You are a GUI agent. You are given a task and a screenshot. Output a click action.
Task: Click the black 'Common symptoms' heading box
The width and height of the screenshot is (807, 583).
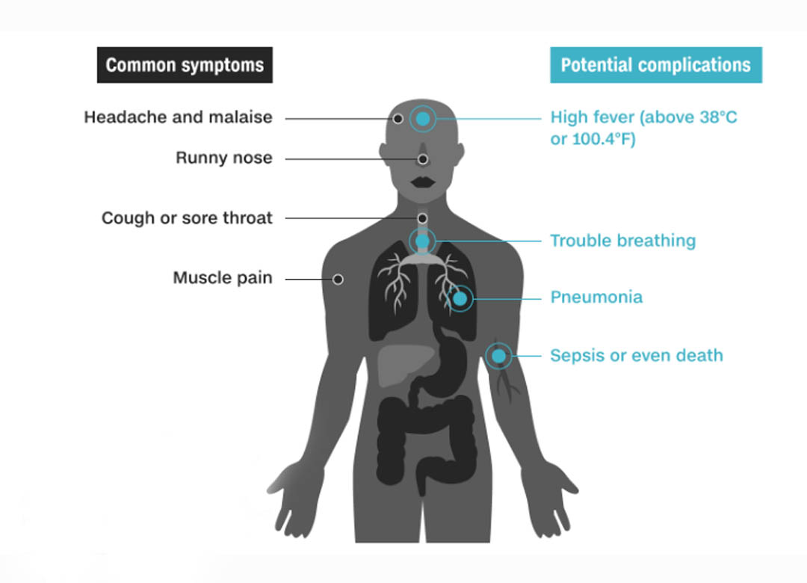pyautogui.click(x=185, y=65)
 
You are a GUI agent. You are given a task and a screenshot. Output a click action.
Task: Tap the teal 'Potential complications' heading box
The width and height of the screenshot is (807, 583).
pyautogui.click(x=656, y=65)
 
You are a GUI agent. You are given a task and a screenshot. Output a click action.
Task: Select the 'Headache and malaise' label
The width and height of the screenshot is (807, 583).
pyautogui.click(x=178, y=117)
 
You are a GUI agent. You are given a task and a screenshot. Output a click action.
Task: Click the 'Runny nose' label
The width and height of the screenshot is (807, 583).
pyautogui.click(x=224, y=158)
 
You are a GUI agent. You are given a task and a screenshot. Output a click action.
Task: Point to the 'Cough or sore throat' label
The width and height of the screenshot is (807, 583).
pyautogui.click(x=187, y=218)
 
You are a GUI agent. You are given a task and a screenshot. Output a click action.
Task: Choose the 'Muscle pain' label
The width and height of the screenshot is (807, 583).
pyautogui.click(x=223, y=277)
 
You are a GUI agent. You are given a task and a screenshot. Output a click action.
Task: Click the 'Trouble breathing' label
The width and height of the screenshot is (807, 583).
pyautogui.click(x=622, y=241)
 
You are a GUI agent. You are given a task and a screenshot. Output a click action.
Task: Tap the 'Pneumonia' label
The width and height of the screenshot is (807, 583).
pyautogui.click(x=596, y=297)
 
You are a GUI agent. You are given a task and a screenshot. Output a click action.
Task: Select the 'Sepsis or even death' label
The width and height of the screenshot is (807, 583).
pyautogui.click(x=637, y=355)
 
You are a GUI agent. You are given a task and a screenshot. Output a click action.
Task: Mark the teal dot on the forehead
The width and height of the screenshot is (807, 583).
pyautogui.click(x=423, y=119)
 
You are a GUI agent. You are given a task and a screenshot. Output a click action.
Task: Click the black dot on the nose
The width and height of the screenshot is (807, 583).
pyautogui.click(x=422, y=159)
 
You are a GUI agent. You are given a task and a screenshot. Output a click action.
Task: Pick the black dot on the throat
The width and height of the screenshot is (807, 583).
pyautogui.click(x=422, y=218)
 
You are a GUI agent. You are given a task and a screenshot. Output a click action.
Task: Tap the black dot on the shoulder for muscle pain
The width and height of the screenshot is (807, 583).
pyautogui.click(x=338, y=279)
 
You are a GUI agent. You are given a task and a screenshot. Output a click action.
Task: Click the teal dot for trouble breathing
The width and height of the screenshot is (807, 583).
pyautogui.click(x=422, y=241)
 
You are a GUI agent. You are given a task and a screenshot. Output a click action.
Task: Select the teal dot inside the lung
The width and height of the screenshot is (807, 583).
pyautogui.click(x=460, y=298)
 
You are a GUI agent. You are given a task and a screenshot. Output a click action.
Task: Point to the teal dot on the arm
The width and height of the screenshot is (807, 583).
pyautogui.click(x=498, y=356)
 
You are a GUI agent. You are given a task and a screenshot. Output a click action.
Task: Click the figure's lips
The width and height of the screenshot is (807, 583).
pyautogui.click(x=423, y=182)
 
